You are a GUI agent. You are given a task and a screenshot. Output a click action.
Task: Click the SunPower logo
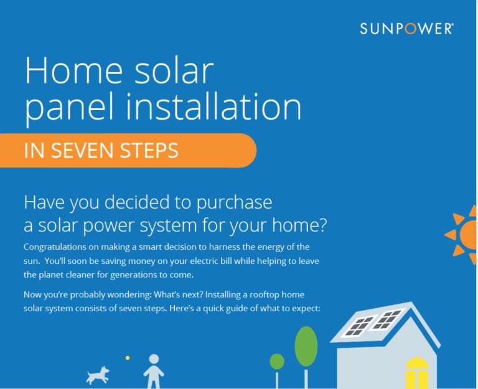tap(406, 29)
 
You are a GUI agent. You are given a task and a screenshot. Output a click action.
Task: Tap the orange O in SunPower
tap(410, 29)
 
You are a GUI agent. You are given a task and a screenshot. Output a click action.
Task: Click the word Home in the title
tap(73, 70)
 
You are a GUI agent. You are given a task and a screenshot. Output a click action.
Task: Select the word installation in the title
tap(213, 106)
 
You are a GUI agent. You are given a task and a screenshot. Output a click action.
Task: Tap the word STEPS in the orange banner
tap(149, 151)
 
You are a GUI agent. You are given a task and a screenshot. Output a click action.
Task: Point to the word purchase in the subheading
tap(234, 204)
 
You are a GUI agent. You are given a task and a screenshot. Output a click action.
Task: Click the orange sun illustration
tap(462, 234)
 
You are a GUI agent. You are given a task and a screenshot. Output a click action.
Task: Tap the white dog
tap(98, 375)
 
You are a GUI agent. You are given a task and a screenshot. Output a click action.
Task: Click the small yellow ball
tap(128, 358)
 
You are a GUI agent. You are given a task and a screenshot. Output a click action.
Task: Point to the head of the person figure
tap(154, 359)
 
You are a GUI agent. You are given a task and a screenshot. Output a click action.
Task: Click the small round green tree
tap(277, 362)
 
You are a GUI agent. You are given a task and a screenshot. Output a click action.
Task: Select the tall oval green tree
tap(306, 346)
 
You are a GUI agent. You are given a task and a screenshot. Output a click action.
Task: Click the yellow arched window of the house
tap(417, 373)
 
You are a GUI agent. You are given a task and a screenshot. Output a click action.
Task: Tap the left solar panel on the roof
tap(357, 326)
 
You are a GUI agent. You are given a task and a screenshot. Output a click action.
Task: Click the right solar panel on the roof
tap(387, 319)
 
